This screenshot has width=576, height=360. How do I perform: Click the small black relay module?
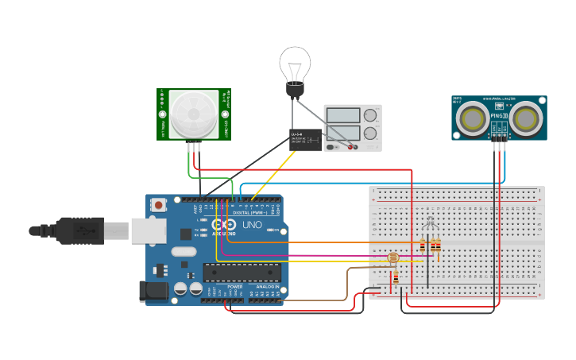305,140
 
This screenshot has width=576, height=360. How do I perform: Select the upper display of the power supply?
342,115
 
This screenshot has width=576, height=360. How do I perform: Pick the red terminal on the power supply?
350,147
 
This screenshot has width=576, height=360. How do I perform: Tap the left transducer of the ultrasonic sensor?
474,118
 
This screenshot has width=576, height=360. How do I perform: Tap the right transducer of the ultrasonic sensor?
525,118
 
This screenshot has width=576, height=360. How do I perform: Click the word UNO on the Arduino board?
251,226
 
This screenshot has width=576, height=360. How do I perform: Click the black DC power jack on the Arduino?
153,291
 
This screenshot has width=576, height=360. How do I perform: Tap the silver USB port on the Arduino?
148,230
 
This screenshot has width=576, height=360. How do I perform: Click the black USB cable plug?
79,230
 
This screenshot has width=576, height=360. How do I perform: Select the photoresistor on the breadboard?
392,258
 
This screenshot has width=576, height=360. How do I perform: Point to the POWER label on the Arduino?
234,287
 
